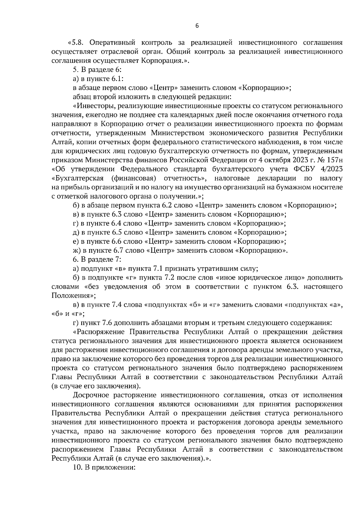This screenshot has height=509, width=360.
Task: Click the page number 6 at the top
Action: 197,26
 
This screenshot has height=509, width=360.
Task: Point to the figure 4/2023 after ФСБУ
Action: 331,169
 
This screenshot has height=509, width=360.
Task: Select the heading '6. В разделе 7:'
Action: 97,259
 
